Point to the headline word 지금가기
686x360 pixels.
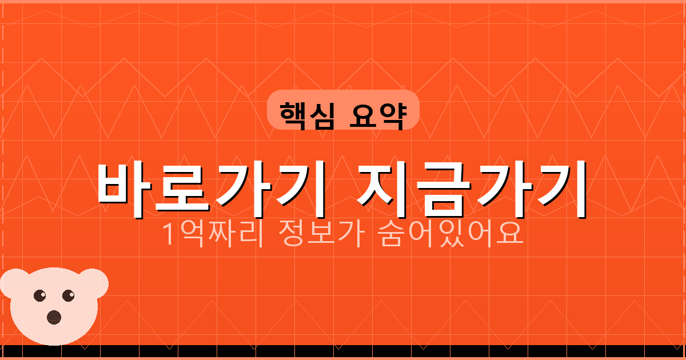tap(472, 187)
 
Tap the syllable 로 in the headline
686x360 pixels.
tap(181, 187)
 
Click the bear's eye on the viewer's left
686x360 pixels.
tap(39, 295)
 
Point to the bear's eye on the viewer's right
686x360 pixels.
tap(69, 295)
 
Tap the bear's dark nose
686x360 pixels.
tap(54, 317)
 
